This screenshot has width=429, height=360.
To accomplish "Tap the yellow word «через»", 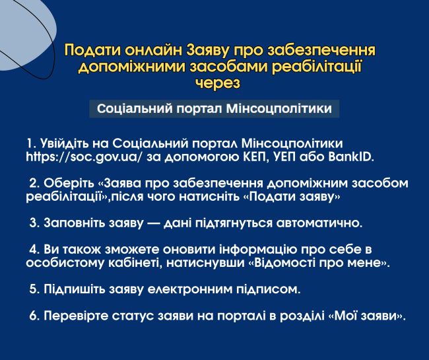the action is (x=218, y=83).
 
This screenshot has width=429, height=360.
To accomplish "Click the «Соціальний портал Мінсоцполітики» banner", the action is (x=214, y=109).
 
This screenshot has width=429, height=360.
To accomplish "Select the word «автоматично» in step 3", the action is (x=319, y=223).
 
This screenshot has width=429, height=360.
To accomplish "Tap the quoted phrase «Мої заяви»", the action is (x=366, y=316).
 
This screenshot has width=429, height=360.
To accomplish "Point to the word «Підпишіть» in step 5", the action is (x=74, y=289).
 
